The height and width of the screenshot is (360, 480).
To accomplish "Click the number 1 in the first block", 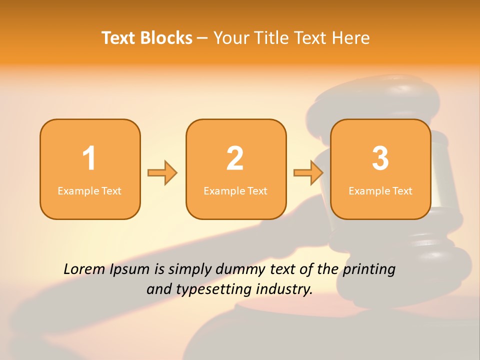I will point(89,158).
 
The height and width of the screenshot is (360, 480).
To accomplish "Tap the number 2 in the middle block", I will point(235,158).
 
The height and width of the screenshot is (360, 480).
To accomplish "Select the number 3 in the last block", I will point(380,158).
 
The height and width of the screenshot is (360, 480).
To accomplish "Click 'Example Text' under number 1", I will point(89,191).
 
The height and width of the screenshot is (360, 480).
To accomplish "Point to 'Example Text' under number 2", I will point(235,191).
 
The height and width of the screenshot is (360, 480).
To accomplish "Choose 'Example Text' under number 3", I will point(380,191).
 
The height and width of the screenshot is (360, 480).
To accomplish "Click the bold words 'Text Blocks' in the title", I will point(147,38).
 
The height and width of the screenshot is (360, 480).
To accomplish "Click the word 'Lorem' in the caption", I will point(84,269).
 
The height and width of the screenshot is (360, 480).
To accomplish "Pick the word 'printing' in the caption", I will point(369,270).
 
